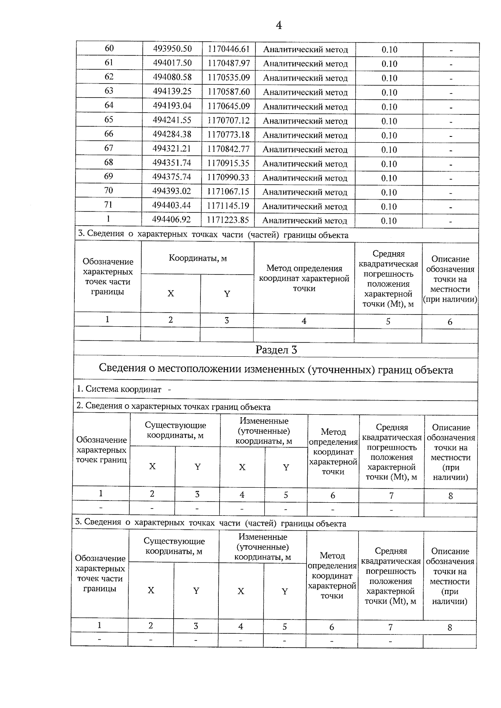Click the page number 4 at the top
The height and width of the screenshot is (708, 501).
coord(279,26)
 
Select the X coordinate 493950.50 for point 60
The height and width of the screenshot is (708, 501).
coord(172,49)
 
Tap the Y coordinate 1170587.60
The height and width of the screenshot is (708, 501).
coord(228,92)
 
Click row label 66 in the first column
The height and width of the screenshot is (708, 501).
coord(109,134)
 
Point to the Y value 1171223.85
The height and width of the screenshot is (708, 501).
coord(228,220)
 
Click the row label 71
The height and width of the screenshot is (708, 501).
coord(109,204)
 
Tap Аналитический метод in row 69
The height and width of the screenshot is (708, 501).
coord(305,178)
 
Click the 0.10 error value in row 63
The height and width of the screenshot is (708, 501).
coord(389,93)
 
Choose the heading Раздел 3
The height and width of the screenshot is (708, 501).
coord(276,350)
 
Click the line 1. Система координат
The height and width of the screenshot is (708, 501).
coord(124,389)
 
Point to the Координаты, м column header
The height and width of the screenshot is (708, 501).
coord(197,258)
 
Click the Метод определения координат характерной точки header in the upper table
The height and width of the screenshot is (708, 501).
coord(304,278)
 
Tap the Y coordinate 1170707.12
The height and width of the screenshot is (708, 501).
coord(228,121)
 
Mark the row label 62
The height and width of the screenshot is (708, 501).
coord(109,77)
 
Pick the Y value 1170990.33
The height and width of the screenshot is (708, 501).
coord(228,177)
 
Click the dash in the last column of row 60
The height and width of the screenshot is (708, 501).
coord(451,50)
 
